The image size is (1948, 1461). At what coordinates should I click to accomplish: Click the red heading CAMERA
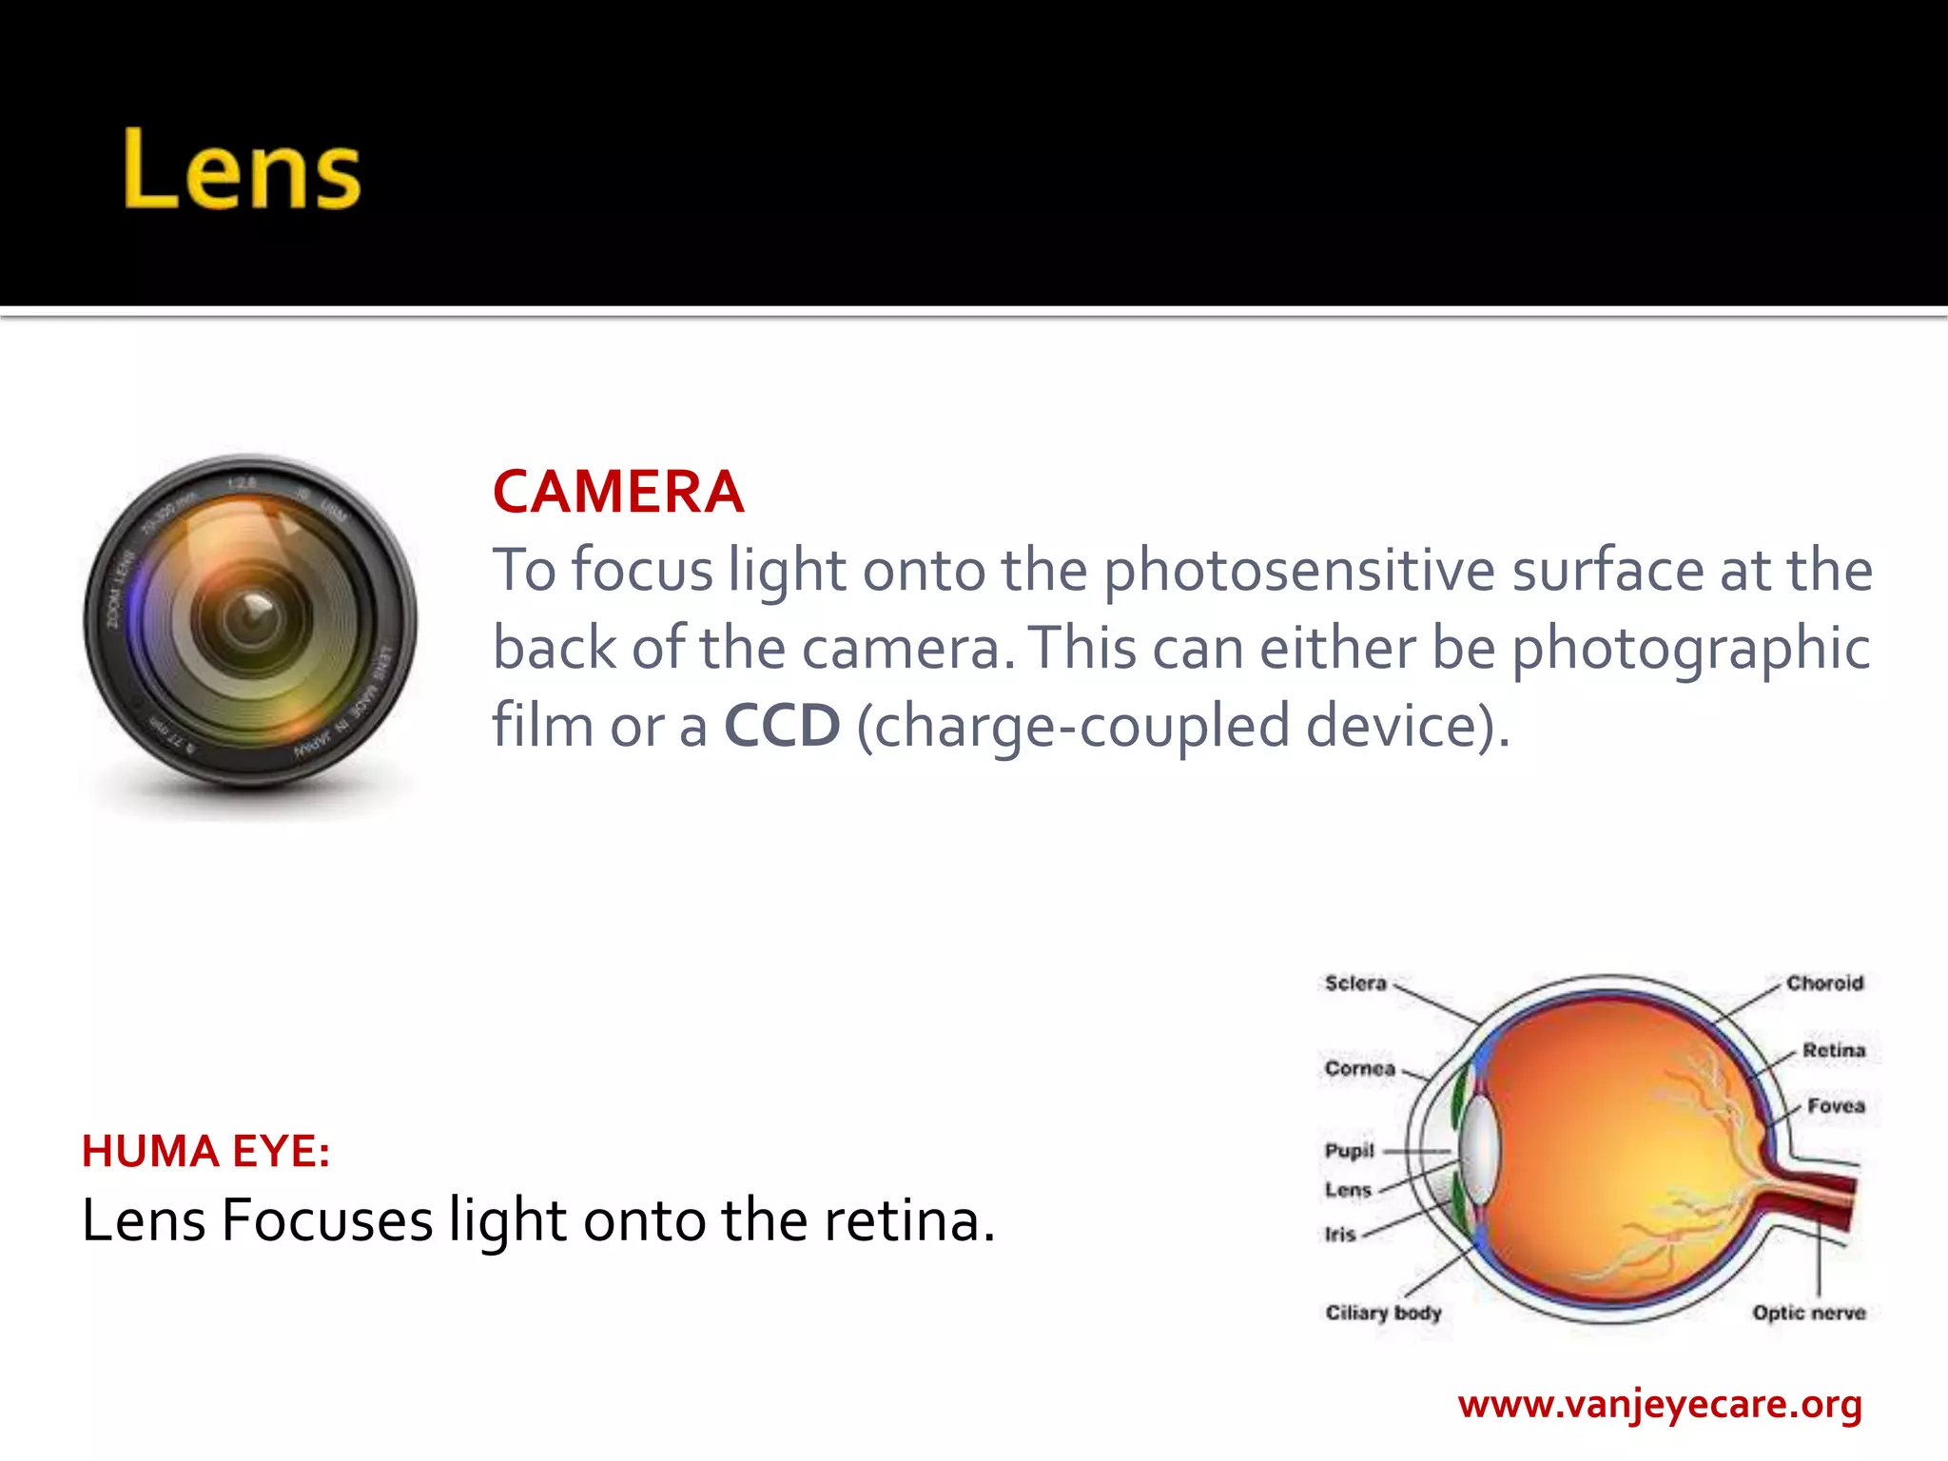click(618, 492)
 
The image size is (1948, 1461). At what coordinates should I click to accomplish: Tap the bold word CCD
click(782, 726)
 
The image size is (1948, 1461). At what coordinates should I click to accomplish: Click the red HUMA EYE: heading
click(205, 1152)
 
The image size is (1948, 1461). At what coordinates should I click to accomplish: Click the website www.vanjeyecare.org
click(1660, 1404)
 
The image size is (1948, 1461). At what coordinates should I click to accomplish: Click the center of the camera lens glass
click(253, 618)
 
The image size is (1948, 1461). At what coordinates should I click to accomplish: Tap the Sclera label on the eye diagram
click(1355, 984)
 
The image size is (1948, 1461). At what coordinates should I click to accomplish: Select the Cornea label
click(1359, 1068)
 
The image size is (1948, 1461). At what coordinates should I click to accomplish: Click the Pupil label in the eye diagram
click(1349, 1151)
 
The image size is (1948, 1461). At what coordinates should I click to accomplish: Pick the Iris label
click(1339, 1235)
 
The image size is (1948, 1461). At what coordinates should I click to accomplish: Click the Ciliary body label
click(1383, 1313)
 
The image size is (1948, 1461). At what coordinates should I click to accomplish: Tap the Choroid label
click(1824, 984)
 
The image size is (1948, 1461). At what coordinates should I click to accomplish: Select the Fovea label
click(1836, 1106)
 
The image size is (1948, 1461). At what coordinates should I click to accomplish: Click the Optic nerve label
click(1808, 1313)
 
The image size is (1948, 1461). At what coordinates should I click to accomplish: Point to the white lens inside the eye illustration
click(1480, 1151)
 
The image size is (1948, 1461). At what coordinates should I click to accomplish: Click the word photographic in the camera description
click(1690, 649)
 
